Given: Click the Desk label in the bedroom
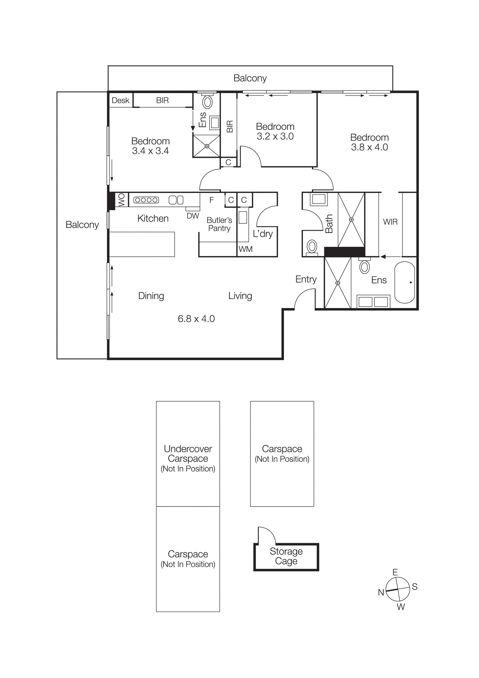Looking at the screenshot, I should (x=120, y=100).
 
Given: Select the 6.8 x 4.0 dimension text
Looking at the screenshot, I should (x=196, y=319).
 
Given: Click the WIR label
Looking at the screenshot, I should (x=390, y=222).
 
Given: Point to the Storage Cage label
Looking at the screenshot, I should (x=286, y=556).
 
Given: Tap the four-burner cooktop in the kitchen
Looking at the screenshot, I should (x=146, y=200).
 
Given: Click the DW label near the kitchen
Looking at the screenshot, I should (x=193, y=216).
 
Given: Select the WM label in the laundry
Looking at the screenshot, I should (x=245, y=249).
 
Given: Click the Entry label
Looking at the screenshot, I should (x=306, y=279).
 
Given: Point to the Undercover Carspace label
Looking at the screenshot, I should (x=188, y=454).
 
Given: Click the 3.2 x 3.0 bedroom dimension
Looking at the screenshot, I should (x=275, y=136).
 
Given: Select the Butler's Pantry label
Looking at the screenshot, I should (x=219, y=224).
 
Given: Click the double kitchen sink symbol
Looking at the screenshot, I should (x=176, y=200).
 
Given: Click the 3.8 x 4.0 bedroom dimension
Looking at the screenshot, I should (x=369, y=147).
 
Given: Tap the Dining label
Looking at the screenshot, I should (x=151, y=296).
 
